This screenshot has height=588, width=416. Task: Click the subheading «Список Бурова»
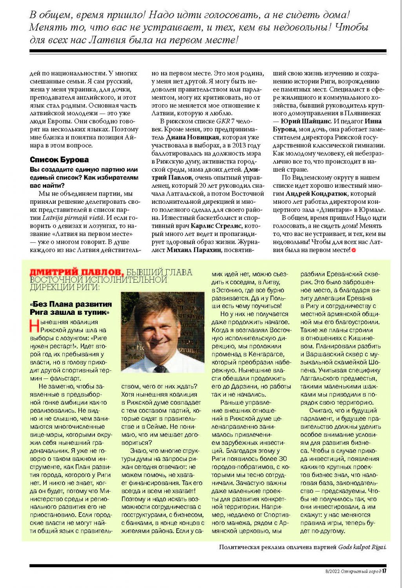click(59, 160)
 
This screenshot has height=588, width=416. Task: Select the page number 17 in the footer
click(385, 571)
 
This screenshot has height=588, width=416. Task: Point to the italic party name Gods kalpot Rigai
click(362, 547)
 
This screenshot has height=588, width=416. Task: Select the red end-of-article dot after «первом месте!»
click(354, 250)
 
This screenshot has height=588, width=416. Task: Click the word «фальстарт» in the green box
click(65, 378)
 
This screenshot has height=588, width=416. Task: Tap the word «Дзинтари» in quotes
click(338, 210)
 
